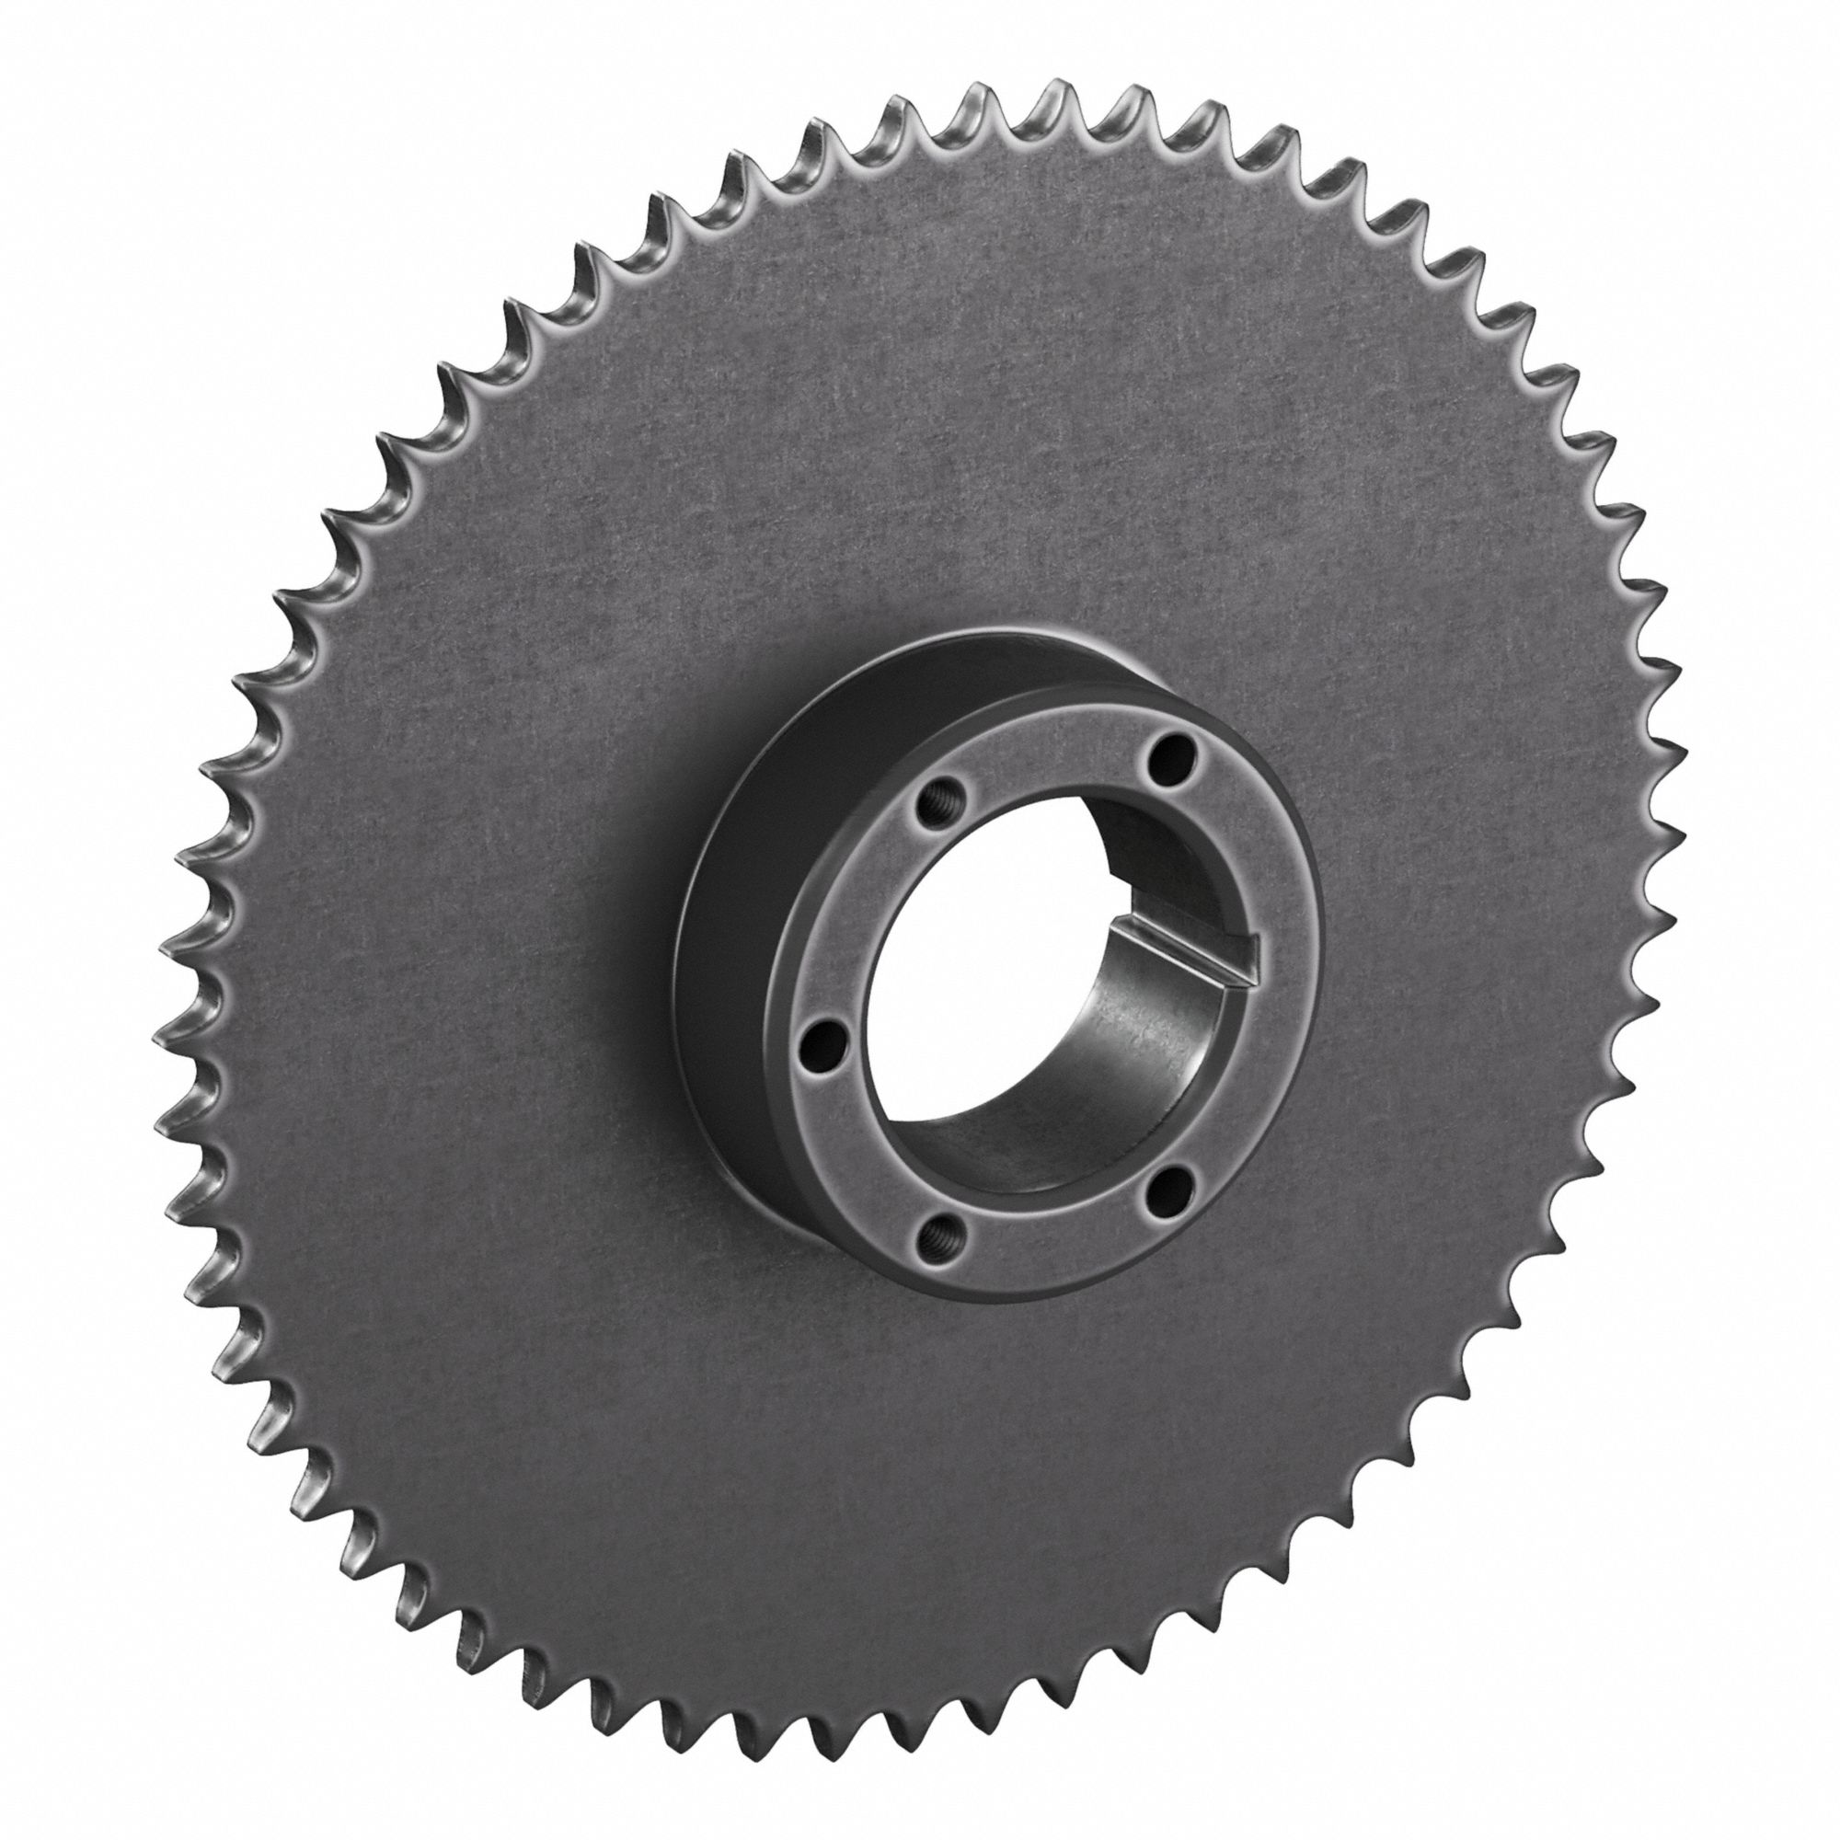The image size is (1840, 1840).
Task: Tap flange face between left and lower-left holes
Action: (862, 1153)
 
